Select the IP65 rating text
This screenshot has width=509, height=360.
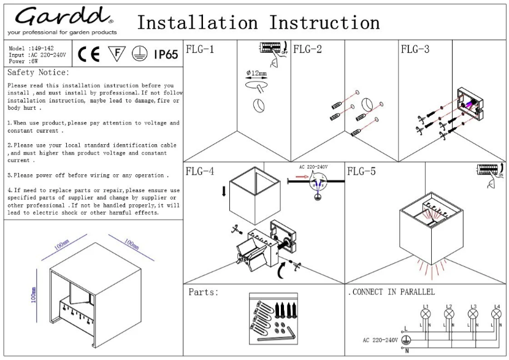[166, 55]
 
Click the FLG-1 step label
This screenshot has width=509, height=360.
[200, 50]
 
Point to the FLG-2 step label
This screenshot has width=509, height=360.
[307, 50]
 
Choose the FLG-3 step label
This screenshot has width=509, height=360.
[415, 50]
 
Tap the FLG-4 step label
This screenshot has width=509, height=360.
[200, 171]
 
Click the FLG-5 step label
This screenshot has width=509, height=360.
[362, 171]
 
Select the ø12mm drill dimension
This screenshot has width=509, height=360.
[256, 74]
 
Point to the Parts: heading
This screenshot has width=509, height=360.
[204, 293]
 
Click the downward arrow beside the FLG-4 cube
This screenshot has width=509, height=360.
[224, 191]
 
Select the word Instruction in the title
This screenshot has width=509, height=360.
[324, 23]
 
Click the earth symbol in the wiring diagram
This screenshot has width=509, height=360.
[406, 340]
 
